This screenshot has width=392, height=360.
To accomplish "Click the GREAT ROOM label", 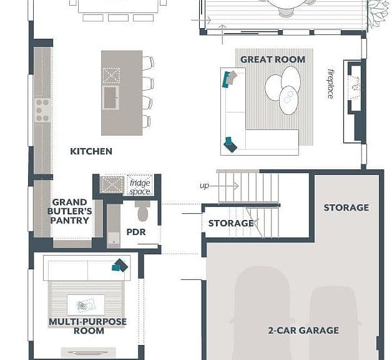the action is coord(273,59).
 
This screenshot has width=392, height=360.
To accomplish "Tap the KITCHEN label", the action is coord(91,151).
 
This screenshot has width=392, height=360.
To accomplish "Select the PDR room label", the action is coord(136,232).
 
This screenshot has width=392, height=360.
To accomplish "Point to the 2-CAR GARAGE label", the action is coord(303,330).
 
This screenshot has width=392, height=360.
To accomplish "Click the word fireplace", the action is coord(330,84).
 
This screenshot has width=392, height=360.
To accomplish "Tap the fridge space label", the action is coord(140,187).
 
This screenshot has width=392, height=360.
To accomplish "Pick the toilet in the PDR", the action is coord(143,211).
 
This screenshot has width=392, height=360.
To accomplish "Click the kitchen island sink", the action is coord(110,97).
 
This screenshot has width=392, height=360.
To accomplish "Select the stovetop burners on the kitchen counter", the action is coord(42,110).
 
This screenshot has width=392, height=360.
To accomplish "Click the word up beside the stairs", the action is coord(204,186).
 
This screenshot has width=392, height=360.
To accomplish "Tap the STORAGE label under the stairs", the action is coord(231,223).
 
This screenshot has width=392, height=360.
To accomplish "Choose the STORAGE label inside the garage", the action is coord(346,207).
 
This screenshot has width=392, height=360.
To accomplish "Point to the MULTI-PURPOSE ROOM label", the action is coord(88,326).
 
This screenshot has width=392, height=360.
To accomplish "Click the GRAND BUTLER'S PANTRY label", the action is coord(69,211).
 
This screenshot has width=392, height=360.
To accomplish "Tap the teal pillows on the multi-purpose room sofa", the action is coord(120,266).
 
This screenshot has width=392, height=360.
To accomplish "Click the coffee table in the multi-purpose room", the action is coord(86,305).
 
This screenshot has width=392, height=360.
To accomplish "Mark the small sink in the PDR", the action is coord(114,241).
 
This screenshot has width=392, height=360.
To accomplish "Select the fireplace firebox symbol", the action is coord(355,87).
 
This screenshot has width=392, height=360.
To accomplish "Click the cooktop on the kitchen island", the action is coord(111,76).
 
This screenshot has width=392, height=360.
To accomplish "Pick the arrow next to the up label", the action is coord(224,186).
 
